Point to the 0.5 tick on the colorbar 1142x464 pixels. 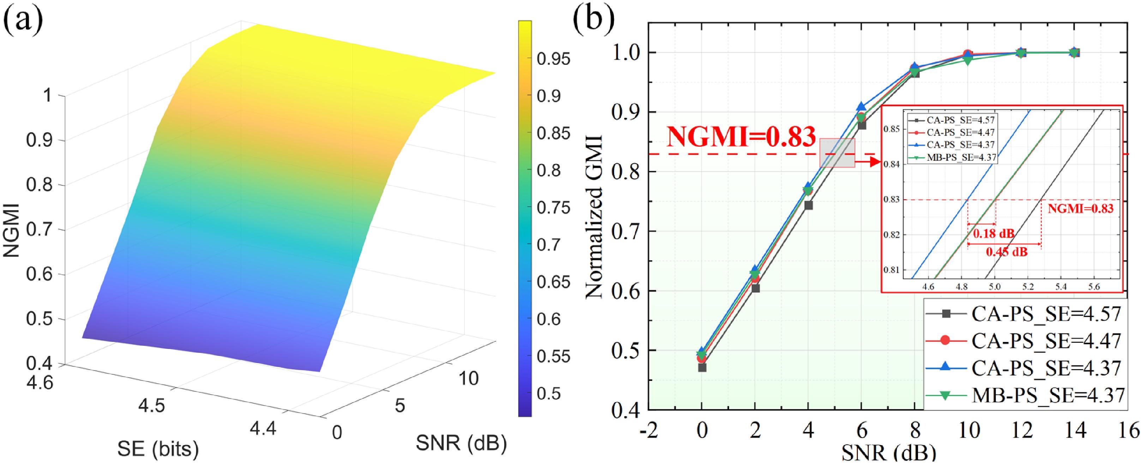pos(549,393)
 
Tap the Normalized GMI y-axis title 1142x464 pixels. pos(594,217)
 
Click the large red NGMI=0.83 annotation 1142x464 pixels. pos(741,137)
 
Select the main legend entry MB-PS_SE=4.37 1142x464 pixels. pos(1046,395)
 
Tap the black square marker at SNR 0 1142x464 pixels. pos(702,367)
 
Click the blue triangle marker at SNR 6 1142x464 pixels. pos(861,107)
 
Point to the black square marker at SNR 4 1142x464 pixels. pos(808,206)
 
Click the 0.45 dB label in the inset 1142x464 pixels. pos(1006,252)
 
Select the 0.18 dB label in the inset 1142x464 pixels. pos(993,233)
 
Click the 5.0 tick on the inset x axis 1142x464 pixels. pos(995,286)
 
